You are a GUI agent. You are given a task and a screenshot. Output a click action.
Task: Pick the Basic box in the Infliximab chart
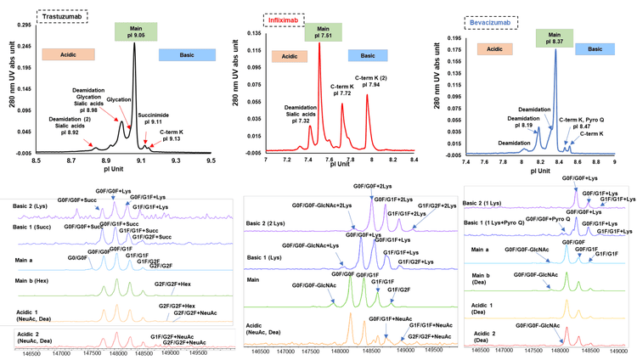(366, 55)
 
